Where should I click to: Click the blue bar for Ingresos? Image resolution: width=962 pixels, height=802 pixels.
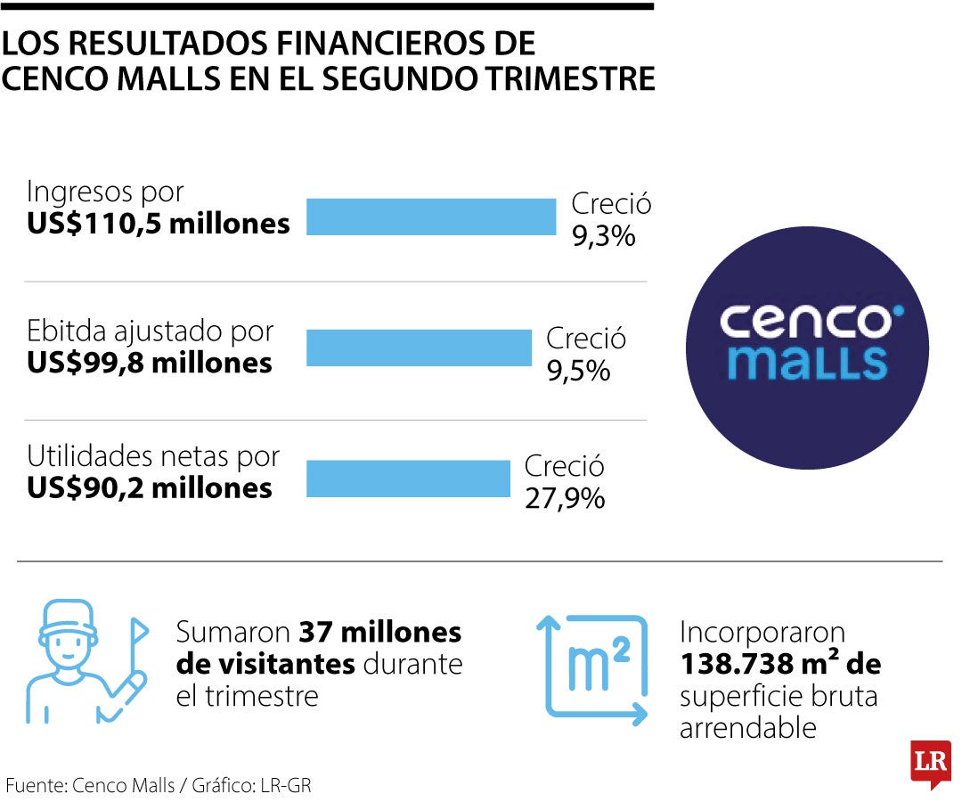point(431,217)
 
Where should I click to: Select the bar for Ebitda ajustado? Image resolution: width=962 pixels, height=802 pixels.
point(419,348)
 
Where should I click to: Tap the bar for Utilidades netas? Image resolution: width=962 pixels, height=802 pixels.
point(408,479)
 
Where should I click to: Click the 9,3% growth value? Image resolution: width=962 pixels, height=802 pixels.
point(604,236)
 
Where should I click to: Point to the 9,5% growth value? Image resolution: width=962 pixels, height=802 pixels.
point(579,371)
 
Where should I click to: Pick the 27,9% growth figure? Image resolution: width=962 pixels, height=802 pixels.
point(565,498)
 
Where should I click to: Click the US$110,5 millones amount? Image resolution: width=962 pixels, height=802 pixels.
point(159,224)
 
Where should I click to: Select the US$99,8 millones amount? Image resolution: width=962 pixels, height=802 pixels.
point(149,363)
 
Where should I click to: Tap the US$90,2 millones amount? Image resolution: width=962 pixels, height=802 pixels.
point(149,487)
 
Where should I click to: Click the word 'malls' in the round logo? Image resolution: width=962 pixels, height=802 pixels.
point(807,362)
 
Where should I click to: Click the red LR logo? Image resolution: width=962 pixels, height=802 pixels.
point(931,764)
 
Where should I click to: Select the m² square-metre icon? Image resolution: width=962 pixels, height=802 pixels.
point(592,670)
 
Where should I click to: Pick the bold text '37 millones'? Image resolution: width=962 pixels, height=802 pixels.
point(379,632)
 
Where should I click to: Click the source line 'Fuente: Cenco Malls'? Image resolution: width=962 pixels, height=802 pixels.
point(90,785)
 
